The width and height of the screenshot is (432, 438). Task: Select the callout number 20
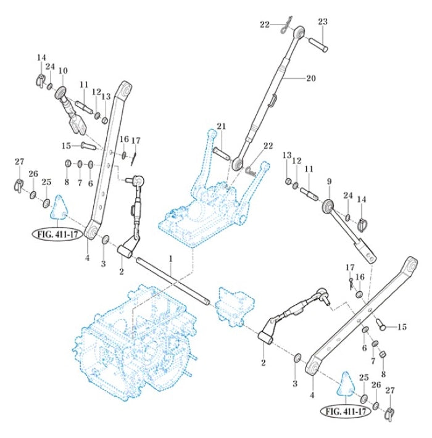[x=310, y=78]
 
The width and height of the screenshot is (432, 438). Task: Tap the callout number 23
[x=322, y=22]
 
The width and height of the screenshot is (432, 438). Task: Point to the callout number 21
[x=221, y=126]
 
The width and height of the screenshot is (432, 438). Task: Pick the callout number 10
[x=62, y=72]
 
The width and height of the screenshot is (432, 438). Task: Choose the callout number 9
[x=329, y=182]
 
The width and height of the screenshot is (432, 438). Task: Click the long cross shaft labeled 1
[x=173, y=281]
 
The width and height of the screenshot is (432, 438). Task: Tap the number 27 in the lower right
[x=389, y=390]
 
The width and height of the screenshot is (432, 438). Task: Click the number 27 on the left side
[x=19, y=162]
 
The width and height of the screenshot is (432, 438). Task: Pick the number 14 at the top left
[x=41, y=58]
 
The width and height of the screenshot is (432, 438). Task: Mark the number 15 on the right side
[x=402, y=326]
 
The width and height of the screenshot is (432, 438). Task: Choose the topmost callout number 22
[x=265, y=24]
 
